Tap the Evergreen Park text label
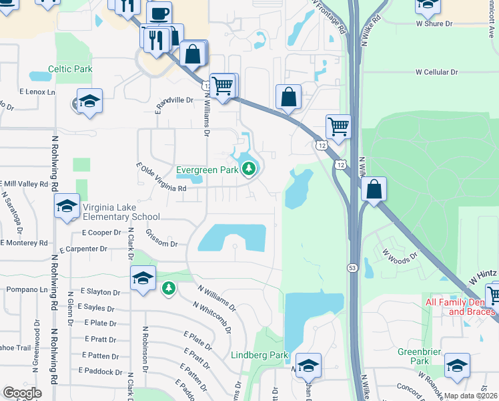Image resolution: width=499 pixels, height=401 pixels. (207, 170)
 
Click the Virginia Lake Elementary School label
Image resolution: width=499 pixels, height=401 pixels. (121, 212)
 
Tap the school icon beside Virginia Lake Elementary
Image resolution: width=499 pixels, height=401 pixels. (67, 207)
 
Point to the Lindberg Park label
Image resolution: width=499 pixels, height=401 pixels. (260, 355)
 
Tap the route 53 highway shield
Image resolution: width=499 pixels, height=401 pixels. (351, 267)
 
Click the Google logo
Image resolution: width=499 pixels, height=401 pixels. (22, 393)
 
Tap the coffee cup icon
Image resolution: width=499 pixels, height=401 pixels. (159, 13)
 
